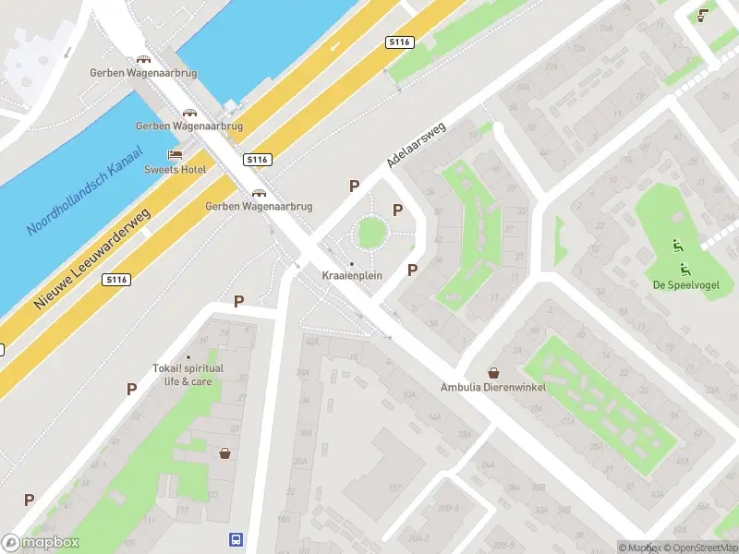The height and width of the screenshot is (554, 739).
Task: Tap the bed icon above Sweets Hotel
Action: pos(174,154)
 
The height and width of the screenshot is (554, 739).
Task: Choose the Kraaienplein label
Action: pos(351,276)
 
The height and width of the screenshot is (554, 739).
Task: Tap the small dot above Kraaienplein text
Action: pos(351,264)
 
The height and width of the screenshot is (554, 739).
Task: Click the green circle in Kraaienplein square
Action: pos(370,232)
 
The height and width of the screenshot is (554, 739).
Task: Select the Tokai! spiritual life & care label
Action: pos(188,375)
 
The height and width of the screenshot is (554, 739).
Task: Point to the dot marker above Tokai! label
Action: pos(188,356)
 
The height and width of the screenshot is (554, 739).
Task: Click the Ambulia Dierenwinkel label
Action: pos(492,387)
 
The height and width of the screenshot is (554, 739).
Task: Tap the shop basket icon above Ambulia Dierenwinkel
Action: pos(493,373)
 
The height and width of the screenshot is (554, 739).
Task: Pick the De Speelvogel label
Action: pos(684,283)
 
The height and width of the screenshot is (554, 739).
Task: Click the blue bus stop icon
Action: pos(236,539)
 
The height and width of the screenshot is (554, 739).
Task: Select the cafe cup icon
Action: pos(704,14)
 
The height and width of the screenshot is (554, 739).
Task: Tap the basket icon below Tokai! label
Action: pos(224,453)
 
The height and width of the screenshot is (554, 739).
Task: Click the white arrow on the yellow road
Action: pos(334,44)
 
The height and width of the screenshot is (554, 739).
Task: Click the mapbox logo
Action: pos(41,543)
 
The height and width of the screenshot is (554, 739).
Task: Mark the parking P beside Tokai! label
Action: pos(131,389)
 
